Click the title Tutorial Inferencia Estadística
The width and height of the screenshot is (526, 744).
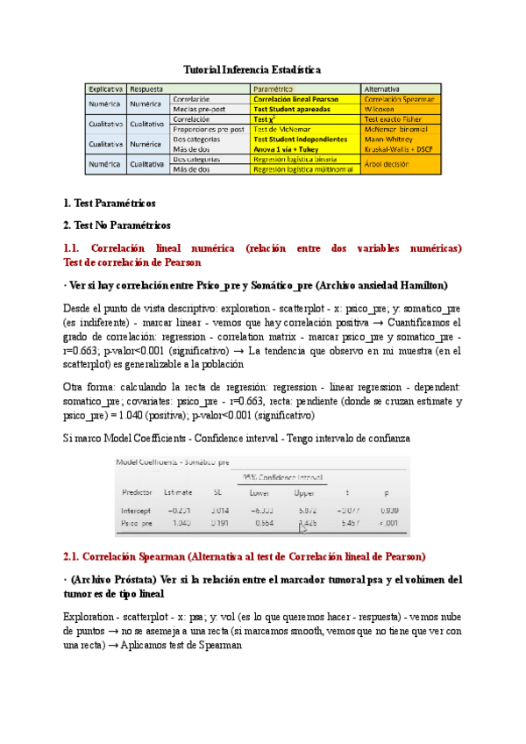click(x=252, y=68)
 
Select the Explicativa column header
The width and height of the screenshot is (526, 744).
click(x=103, y=89)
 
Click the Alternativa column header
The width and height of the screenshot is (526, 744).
click(x=383, y=89)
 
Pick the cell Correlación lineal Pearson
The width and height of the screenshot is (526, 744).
click(x=296, y=99)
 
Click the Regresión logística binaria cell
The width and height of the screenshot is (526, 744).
click(x=297, y=160)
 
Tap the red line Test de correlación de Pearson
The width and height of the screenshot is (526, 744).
click(x=132, y=261)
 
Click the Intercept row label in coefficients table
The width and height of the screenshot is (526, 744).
click(x=138, y=510)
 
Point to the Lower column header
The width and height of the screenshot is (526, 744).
click(x=260, y=493)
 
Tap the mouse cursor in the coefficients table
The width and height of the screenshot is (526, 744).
click(x=303, y=527)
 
